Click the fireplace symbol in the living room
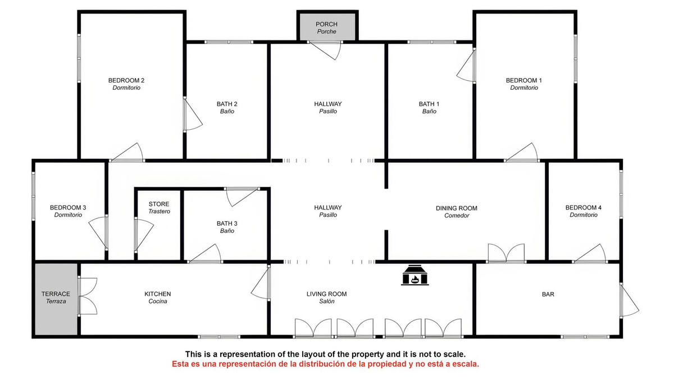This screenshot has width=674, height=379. pyautogui.click(x=415, y=275)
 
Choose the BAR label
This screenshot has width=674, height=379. pyautogui.click(x=548, y=294)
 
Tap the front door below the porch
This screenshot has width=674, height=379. pyautogui.click(x=325, y=50)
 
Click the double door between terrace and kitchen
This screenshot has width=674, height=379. pyautogui.click(x=88, y=296)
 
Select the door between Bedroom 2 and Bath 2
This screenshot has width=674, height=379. pyautogui.click(x=193, y=115)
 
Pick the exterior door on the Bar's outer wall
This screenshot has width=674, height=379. pyautogui.click(x=629, y=300)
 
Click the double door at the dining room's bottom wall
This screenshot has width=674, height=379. pyautogui.click(x=506, y=253)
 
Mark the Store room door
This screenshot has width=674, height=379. pyautogui.click(x=144, y=235)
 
